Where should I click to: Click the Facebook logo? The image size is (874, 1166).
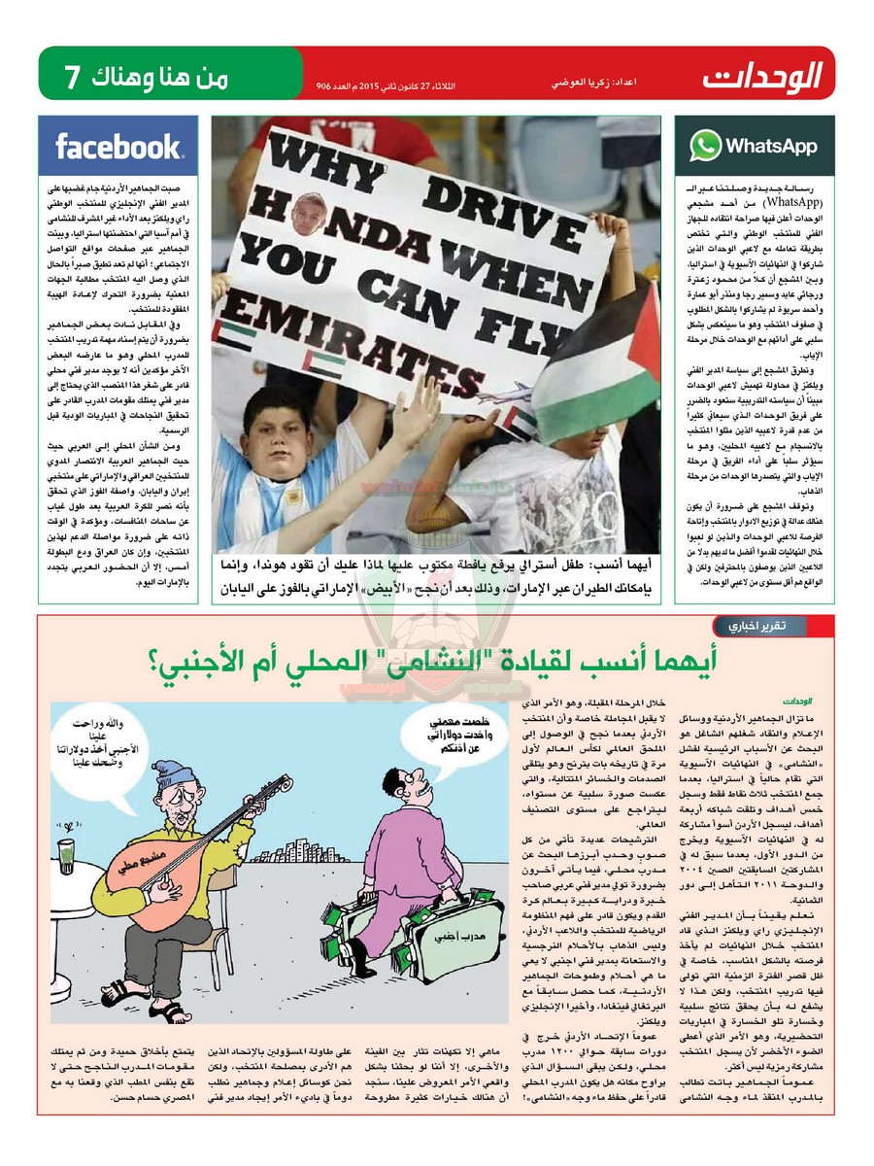[x=118, y=147]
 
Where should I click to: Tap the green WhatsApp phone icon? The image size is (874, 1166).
[x=705, y=147]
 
